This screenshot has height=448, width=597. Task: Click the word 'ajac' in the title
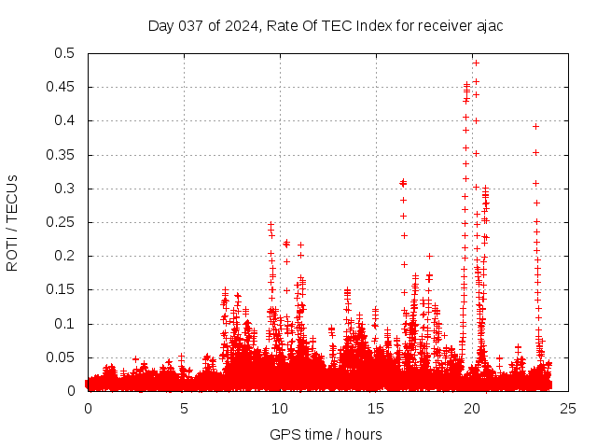(488, 25)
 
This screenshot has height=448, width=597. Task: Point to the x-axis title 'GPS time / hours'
(326, 434)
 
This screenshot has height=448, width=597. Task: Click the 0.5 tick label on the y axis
(65, 53)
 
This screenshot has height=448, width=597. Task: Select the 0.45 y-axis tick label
(62, 87)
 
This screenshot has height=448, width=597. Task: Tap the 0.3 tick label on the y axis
(65, 189)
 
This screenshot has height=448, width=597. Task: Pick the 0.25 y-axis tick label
(62, 222)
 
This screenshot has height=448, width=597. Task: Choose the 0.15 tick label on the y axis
(62, 290)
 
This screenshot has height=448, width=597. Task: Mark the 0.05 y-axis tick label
(62, 357)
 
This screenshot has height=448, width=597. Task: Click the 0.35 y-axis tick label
(62, 155)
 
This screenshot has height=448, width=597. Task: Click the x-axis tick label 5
(184, 408)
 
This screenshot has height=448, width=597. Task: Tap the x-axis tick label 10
(280, 408)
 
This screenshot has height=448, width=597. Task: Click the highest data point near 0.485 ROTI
(476, 63)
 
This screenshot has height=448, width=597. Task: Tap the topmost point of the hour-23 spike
(535, 126)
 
